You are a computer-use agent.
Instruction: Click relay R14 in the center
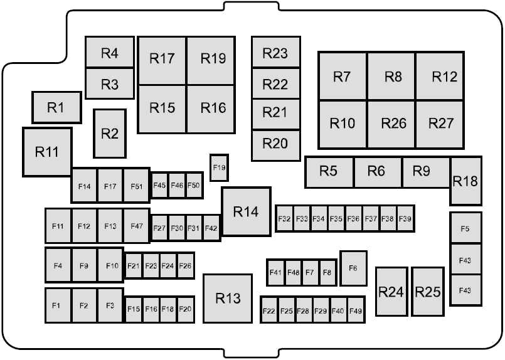point(247,211)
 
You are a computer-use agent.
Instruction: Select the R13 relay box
point(228,298)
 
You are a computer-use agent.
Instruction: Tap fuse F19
point(220,167)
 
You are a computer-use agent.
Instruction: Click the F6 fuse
point(353,268)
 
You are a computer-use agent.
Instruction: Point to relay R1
point(56,107)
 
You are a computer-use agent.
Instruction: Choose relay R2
point(110,134)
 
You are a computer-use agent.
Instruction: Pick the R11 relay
point(47,152)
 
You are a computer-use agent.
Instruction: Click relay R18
point(465,181)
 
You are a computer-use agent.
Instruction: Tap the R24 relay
point(391,292)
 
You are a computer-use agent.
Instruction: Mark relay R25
point(428,292)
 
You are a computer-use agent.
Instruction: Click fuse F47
point(137,226)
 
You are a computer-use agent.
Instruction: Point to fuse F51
point(137,186)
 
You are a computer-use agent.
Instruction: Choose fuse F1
point(58,305)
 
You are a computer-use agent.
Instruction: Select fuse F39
point(405,219)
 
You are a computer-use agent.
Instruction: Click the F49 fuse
point(356,310)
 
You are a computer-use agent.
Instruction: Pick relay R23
point(275,52)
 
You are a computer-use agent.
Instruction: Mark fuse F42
point(211,228)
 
